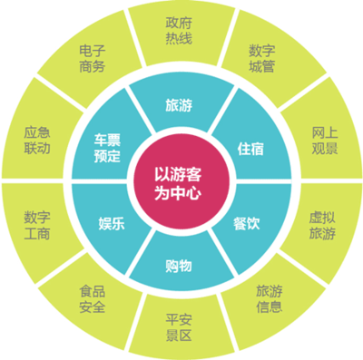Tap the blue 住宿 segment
click(x=249, y=146)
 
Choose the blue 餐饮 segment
click(x=247, y=220)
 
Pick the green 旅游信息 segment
click(x=270, y=299)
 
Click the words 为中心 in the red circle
click(x=181, y=191)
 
